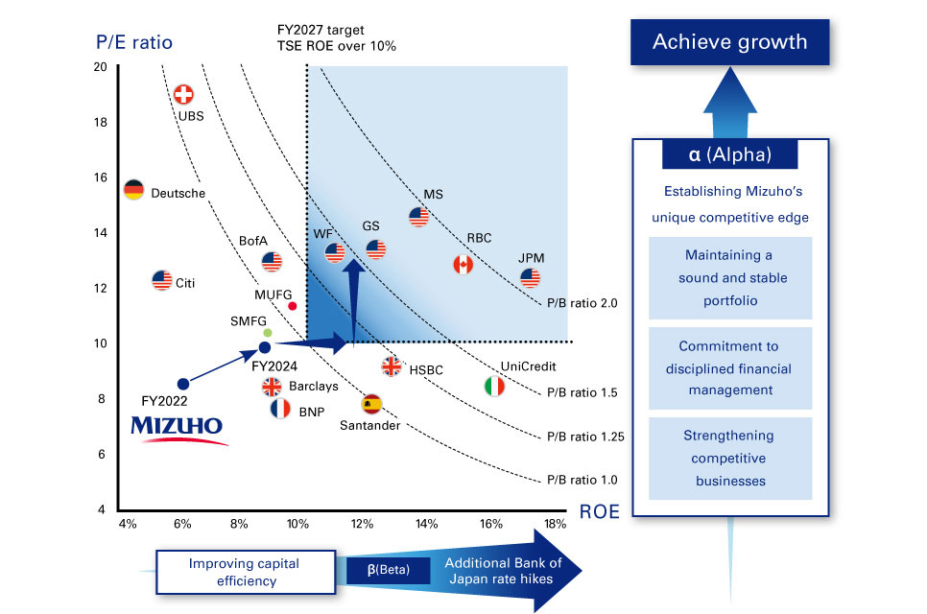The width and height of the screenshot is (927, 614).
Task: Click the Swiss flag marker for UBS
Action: [182, 94]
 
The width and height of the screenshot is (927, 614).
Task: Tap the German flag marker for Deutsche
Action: [133, 190]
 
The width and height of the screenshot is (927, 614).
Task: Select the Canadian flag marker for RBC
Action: [463, 264]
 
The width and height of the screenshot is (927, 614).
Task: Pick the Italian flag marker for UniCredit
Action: [494, 387]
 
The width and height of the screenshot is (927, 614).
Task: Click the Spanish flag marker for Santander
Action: [371, 404]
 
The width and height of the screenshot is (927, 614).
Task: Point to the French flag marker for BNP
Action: [280, 410]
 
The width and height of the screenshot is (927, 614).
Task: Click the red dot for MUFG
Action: [293, 306]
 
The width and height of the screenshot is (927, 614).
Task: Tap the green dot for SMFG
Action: [268, 333]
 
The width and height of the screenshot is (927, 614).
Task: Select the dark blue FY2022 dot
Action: [183, 384]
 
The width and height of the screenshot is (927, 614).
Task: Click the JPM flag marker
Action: [530, 277]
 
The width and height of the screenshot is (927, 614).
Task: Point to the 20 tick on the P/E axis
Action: [101, 66]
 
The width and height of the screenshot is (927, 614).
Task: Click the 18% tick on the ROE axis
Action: [555, 524]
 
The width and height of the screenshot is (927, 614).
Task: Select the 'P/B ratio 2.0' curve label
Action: [582, 303]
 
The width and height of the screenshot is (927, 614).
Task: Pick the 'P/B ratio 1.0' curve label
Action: [582, 480]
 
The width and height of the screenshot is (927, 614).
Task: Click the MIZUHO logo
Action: [178, 428]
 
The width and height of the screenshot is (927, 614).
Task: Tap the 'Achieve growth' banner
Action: [729, 42]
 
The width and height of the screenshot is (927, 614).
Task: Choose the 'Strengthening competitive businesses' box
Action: [729, 458]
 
